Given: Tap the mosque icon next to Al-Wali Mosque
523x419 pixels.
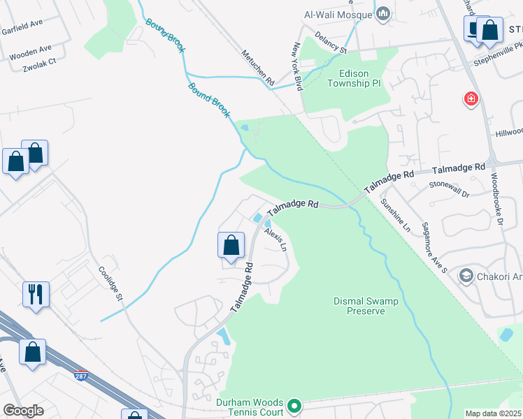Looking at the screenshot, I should (383, 14).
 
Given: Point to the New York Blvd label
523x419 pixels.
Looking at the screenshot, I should (297, 66).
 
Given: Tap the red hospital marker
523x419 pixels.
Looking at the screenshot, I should (472, 100).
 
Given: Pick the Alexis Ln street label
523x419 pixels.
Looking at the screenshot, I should (275, 239).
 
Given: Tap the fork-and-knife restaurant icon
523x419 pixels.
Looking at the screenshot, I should (36, 293).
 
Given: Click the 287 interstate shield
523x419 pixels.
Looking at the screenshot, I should (82, 375).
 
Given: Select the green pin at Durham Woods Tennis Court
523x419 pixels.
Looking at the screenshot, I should (295, 404).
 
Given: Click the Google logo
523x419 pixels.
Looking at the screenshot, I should (23, 411).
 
